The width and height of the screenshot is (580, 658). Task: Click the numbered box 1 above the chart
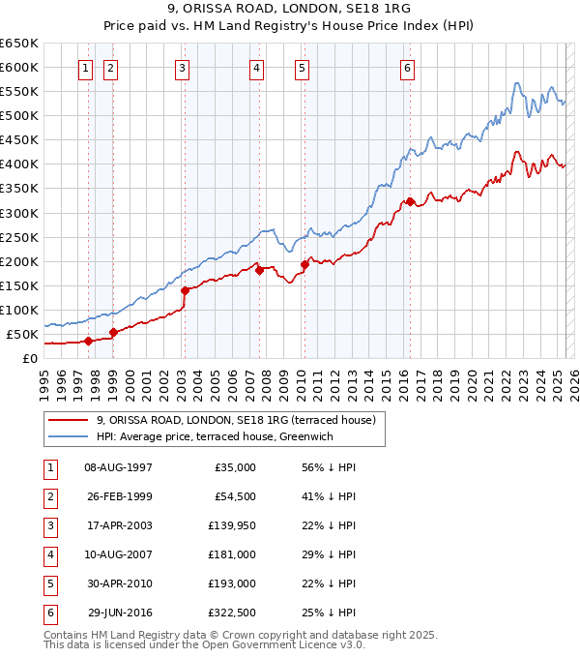87,68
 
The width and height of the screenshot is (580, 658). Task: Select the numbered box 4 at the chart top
256,68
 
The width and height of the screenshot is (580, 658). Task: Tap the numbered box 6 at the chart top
408,68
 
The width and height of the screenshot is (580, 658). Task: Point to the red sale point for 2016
410,201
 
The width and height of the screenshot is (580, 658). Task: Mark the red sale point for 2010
304,263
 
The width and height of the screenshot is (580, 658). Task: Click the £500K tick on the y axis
19,116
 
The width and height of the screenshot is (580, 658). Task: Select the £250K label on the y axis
19,237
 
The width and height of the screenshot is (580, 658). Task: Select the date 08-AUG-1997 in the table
118,467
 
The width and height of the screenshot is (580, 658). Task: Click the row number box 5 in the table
48,583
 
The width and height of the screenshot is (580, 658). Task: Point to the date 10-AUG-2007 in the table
118,554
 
